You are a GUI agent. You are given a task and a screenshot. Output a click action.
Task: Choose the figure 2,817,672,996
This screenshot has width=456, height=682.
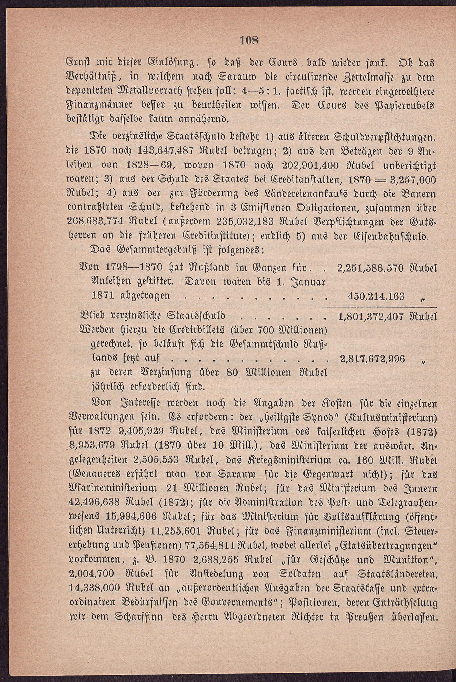pos(372,359)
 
